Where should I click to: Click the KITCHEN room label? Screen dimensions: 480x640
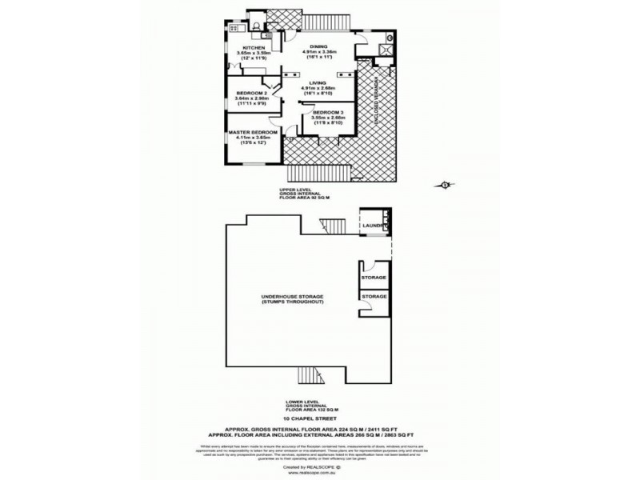(x=242, y=49)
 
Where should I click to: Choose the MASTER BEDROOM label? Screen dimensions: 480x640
(x=253, y=131)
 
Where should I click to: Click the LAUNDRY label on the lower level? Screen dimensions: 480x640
(x=374, y=226)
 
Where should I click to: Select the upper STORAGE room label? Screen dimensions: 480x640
(x=374, y=277)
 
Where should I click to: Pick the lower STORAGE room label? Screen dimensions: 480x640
(x=374, y=296)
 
